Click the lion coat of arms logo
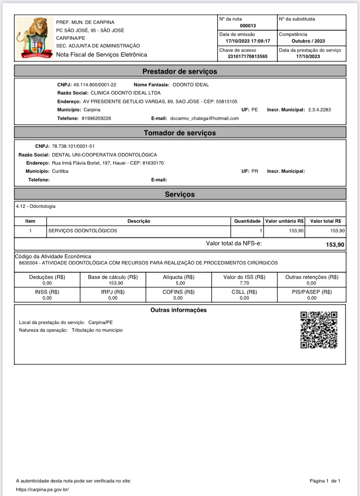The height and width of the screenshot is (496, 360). tap(32, 38)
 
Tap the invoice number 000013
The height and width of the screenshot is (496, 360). tap(248, 25)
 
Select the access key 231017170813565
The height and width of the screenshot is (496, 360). tap(248, 57)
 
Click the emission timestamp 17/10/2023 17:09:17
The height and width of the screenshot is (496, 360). tap(248, 41)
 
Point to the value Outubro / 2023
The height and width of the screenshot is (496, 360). tap(308, 41)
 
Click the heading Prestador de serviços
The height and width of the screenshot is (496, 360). tap(180, 72)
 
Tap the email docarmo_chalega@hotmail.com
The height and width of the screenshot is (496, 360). tap(204, 118)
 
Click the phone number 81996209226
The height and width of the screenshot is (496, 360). tap(96, 118)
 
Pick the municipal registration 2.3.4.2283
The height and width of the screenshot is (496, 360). tap(319, 110)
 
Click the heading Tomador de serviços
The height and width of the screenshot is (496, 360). tap(180, 133)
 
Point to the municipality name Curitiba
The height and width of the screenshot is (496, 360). tap(60, 171)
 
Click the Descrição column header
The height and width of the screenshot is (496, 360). tap(139, 221)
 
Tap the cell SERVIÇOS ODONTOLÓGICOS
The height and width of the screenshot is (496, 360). tap(83, 230)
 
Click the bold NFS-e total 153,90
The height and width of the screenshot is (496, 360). tap(335, 245)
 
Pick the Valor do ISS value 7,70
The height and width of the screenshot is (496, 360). tap(244, 283)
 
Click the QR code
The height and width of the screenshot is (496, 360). tap(319, 330)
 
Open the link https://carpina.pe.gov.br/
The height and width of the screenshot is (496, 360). tap(43, 489)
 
